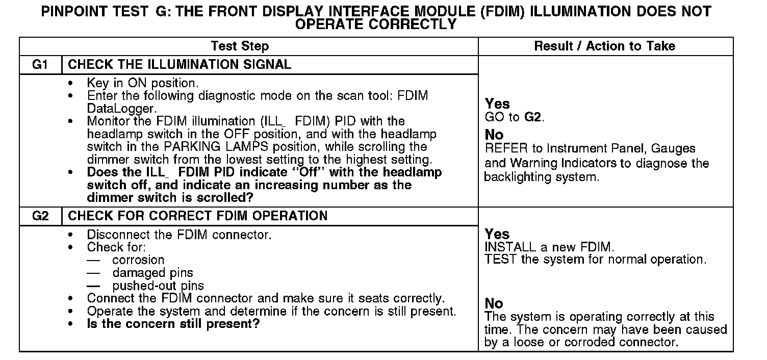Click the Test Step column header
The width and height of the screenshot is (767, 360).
[x=240, y=46]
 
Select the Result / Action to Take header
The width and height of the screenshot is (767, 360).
[x=604, y=46]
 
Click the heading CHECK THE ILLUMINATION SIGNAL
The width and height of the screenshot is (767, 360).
[x=180, y=65]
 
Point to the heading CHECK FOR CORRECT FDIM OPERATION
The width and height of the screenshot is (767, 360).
[x=197, y=216]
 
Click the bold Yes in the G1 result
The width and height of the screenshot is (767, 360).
[x=497, y=104]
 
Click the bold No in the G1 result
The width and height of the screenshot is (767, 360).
[x=494, y=135]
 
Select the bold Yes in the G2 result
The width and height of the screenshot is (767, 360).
[x=497, y=235]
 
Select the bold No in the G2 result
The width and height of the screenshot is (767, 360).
[x=494, y=304]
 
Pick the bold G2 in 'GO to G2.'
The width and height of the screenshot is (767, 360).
[x=532, y=117]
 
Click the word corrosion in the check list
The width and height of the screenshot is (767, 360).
[x=138, y=260]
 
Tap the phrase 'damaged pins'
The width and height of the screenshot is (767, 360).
[x=152, y=273]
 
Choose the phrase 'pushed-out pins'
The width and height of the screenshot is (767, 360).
[x=158, y=286]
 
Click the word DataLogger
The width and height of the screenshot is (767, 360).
[x=118, y=109]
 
